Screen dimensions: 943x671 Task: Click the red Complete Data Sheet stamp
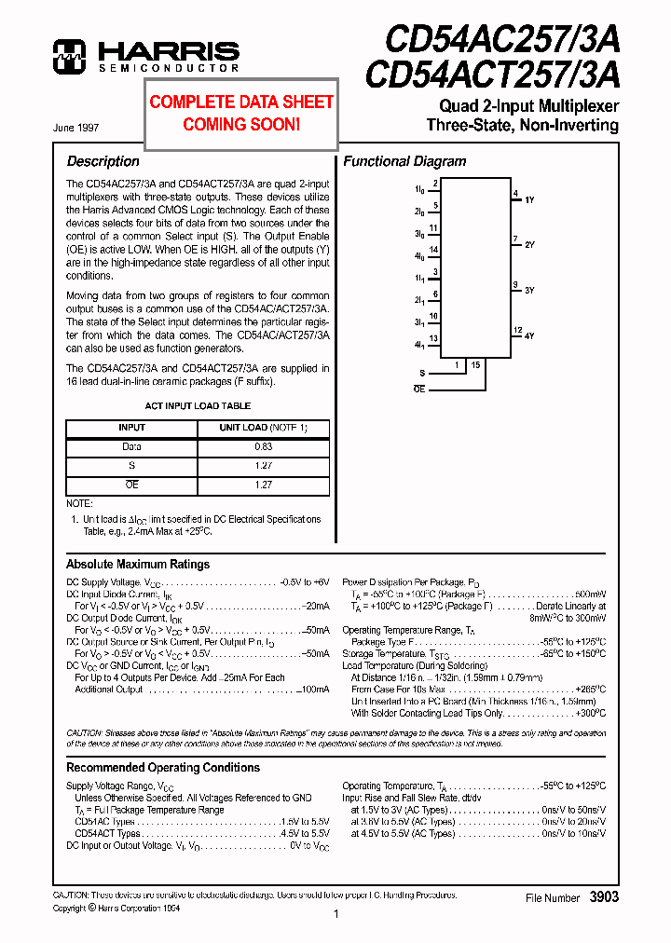tap(241, 113)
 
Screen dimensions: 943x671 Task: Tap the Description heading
tap(103, 161)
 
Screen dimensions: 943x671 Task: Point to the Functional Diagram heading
tap(404, 161)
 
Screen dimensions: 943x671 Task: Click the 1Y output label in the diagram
tap(529, 200)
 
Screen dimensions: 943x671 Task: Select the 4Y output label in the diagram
tap(529, 335)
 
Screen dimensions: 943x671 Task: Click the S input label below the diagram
tap(421, 372)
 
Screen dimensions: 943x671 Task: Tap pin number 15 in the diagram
tap(475, 365)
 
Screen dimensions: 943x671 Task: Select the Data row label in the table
tap(131, 447)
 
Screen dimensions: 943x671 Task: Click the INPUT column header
tap(131, 428)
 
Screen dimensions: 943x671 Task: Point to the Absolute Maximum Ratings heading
tap(138, 564)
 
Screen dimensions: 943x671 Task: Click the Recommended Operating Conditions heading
tap(163, 767)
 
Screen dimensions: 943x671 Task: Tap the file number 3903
tap(603, 896)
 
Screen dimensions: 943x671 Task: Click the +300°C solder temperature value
tap(589, 713)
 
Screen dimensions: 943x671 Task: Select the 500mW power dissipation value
tap(589, 594)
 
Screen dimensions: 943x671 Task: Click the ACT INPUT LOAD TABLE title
tap(198, 406)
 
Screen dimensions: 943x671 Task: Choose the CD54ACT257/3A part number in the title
tap(491, 73)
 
